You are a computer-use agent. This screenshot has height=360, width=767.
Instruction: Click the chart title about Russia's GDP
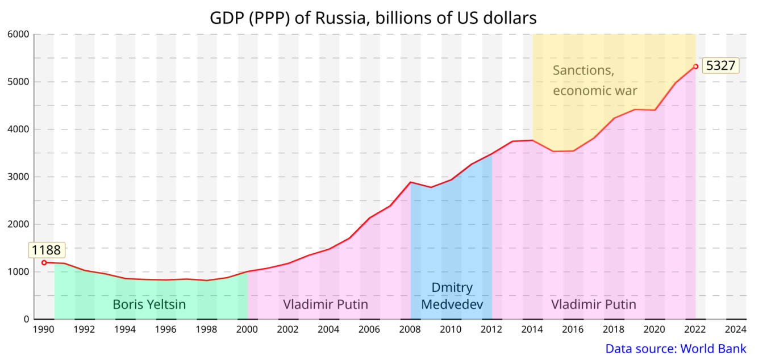pyautogui.click(x=373, y=18)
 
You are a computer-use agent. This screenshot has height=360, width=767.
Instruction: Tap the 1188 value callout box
pyautogui.click(x=46, y=250)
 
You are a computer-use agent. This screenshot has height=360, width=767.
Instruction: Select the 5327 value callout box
pyautogui.click(x=720, y=66)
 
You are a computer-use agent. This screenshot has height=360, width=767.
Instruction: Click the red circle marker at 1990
pyautogui.click(x=44, y=262)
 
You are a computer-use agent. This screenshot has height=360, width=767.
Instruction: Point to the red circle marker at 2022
pyautogui.click(x=695, y=66)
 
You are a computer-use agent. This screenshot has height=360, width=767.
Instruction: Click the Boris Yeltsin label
pyautogui.click(x=149, y=304)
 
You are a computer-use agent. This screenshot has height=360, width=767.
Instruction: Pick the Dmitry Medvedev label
pyautogui.click(x=452, y=296)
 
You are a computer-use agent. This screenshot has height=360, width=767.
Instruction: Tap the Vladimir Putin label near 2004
pyautogui.click(x=326, y=304)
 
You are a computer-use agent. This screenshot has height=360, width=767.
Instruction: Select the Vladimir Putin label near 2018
pyautogui.click(x=593, y=304)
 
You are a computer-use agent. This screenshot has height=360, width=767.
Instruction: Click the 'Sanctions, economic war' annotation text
pyautogui.click(x=595, y=81)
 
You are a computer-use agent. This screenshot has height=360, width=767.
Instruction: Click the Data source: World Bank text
pyautogui.click(x=676, y=349)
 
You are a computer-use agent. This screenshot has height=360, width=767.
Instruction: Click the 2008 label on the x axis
pyautogui.click(x=410, y=329)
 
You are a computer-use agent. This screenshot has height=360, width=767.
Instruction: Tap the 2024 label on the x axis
pyautogui.click(x=736, y=329)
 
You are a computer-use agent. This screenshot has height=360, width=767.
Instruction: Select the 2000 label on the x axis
pyautogui.click(x=247, y=329)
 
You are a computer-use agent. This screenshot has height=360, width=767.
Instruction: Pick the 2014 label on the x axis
pyautogui.click(x=532, y=329)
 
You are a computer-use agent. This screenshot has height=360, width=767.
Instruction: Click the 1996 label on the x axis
pyautogui.click(x=166, y=329)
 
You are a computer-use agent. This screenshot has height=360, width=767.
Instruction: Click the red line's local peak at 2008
pyautogui.click(x=410, y=182)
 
